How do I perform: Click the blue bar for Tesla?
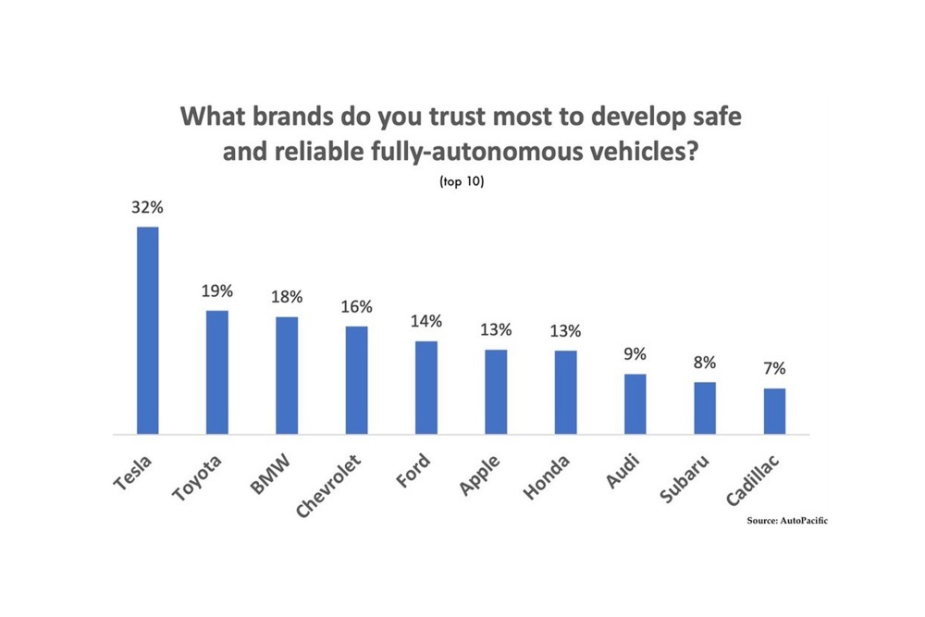tap(148, 330)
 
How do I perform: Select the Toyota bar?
tap(217, 372)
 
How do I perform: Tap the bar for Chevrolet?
tap(356, 380)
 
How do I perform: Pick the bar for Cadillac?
tap(774, 411)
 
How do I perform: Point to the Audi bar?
tap(635, 404)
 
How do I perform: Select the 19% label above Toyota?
tap(217, 291)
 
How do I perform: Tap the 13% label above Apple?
tap(496, 331)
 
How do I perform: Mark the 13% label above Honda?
tap(566, 331)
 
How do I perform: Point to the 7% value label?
tap(774, 369)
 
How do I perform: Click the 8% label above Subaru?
tap(705, 363)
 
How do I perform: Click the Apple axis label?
tap(481, 475)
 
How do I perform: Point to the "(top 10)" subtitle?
tap(462, 181)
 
